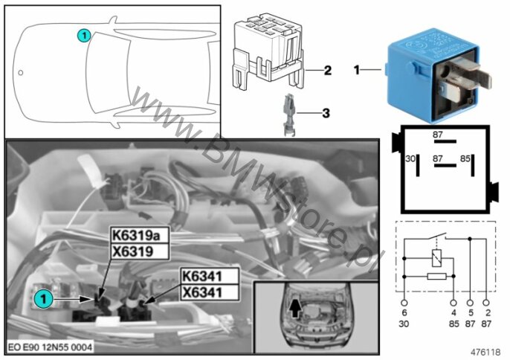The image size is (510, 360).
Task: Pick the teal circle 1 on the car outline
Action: [84, 35]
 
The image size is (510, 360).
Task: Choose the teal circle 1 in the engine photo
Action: [43, 298]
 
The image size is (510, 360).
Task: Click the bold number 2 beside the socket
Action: [328, 70]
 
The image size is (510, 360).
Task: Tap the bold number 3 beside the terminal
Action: [326, 113]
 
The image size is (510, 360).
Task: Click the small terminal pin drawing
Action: [288, 115]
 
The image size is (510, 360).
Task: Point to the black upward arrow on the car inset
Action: [295, 308]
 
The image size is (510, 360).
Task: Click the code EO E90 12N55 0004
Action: [50, 347]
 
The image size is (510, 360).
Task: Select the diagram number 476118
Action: [485, 352]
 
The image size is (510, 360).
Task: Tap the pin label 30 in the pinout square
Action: [410, 158]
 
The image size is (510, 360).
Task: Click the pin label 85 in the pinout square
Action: [465, 158]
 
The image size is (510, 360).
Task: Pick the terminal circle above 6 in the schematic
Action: [404, 303]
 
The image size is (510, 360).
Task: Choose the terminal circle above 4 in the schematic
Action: [453, 303]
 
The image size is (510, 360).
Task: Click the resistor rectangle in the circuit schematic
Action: [437, 277]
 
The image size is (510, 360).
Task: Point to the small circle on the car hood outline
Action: [21, 73]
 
